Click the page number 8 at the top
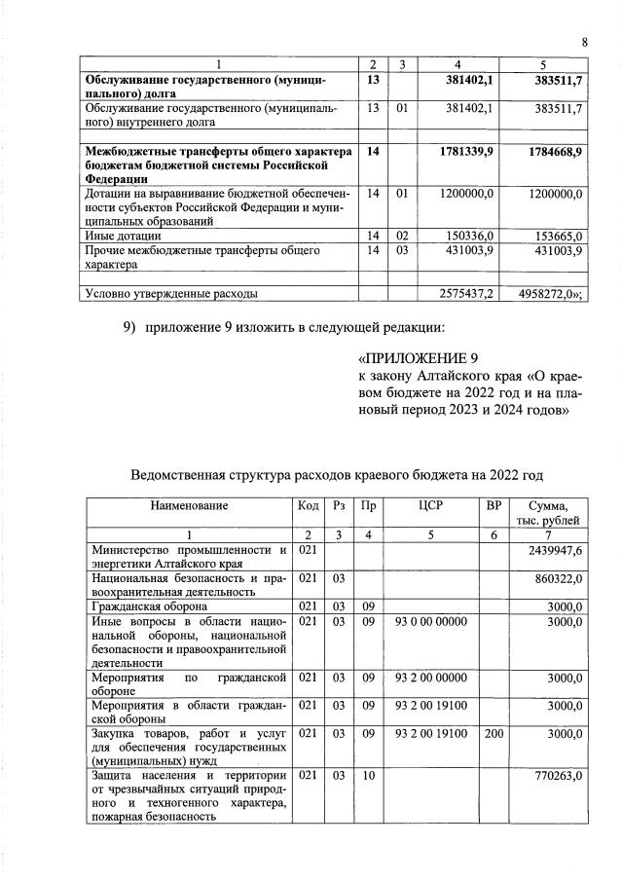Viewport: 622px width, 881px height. [585, 42]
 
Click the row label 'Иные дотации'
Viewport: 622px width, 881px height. [124, 236]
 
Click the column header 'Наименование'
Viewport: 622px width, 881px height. [189, 505]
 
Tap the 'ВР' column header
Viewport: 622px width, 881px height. [494, 505]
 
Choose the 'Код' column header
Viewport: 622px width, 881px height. [307, 505]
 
